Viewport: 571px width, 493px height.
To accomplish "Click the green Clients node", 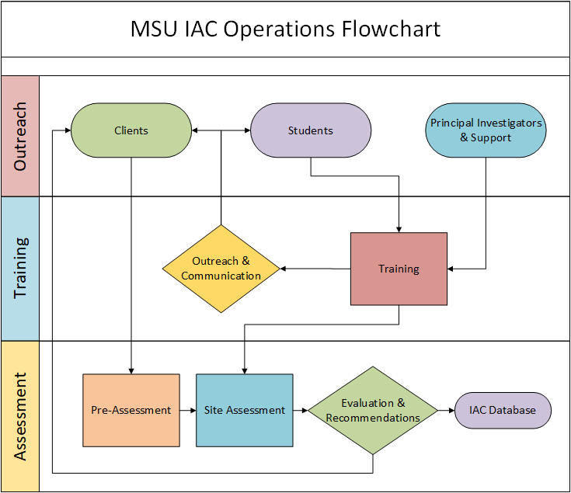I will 131,130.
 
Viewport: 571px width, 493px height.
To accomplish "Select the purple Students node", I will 311,130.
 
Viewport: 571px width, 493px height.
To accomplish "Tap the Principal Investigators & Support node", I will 486,130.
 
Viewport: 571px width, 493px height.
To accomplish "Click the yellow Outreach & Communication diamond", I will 221,269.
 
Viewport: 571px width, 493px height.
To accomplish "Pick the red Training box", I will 399,269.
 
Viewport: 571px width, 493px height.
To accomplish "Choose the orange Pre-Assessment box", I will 131,410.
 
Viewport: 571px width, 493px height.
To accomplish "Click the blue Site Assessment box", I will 245,410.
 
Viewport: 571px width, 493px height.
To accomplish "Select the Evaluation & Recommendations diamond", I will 373,410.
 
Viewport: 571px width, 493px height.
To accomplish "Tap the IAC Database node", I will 503,410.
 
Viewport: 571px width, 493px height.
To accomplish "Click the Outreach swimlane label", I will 20,137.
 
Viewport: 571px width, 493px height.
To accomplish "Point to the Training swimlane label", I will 20,268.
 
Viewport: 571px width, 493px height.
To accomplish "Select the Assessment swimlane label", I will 20,416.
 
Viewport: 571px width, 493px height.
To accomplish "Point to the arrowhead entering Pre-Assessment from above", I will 131,370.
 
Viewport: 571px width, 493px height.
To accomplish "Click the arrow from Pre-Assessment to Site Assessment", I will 187,410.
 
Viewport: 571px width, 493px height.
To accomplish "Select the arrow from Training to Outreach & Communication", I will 315,269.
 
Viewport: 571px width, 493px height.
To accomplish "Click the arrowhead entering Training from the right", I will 452,269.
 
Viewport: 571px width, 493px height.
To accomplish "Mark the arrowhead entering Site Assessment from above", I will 245,370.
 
